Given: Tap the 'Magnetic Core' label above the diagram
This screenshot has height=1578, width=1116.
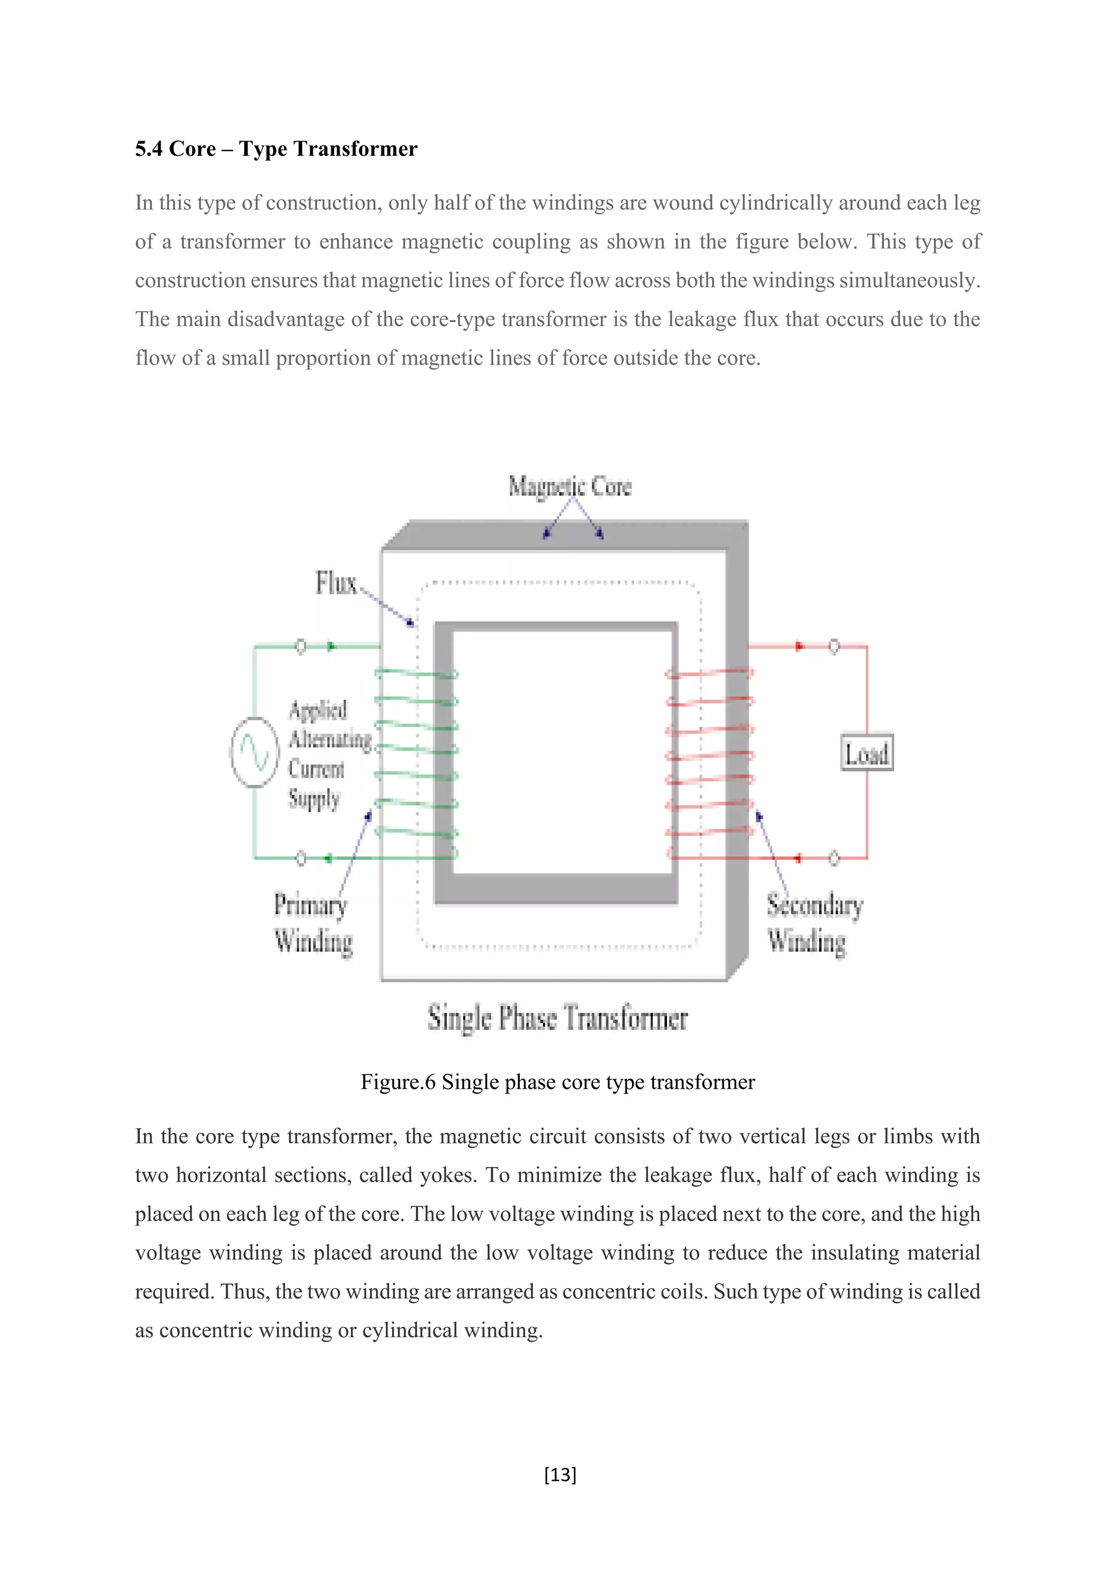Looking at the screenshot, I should click(569, 486).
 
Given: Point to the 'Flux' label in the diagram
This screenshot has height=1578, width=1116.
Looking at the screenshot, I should click(336, 583).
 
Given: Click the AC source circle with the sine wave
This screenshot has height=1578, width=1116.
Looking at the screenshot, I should click(254, 752).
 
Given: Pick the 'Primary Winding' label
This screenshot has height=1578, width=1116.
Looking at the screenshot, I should click(313, 922).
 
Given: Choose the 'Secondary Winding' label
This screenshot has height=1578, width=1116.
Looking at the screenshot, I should click(814, 922).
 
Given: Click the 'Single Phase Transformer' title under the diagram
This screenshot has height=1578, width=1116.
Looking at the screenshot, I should click(557, 1018).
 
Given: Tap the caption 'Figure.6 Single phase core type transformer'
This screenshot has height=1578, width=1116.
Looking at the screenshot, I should click(557, 1082).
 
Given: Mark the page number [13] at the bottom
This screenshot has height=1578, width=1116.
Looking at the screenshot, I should click(560, 1474).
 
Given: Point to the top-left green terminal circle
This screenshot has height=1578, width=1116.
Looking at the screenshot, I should click(300, 646).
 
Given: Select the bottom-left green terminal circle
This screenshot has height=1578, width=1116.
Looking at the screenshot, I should click(300, 858).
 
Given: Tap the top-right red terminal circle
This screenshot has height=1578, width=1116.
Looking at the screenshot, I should click(834, 646).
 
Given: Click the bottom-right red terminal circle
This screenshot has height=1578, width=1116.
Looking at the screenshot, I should click(834, 858).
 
